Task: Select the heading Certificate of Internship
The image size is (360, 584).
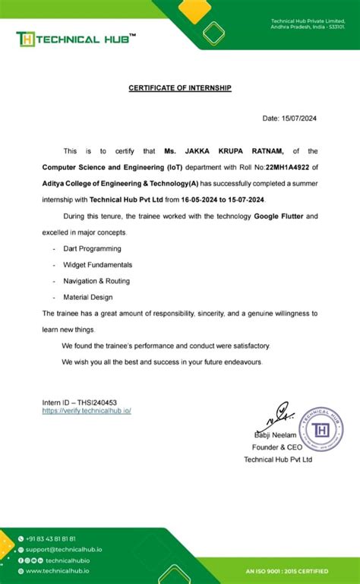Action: pos(180,88)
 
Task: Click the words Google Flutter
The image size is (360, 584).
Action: pos(278,216)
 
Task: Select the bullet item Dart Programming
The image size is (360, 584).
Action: pos(92,248)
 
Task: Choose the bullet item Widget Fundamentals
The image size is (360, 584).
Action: pos(97,264)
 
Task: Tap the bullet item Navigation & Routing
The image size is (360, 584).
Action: pos(96,281)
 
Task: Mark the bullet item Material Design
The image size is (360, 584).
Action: pos(88,297)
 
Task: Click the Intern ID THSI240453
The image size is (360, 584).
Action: pos(80,402)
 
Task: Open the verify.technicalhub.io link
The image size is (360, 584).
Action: pos(87,410)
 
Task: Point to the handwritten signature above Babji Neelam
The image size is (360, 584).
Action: pos(276,417)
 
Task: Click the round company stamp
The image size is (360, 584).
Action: pos(321,430)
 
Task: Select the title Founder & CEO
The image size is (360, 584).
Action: pos(277,447)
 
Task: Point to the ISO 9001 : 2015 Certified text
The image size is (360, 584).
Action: pos(287,571)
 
